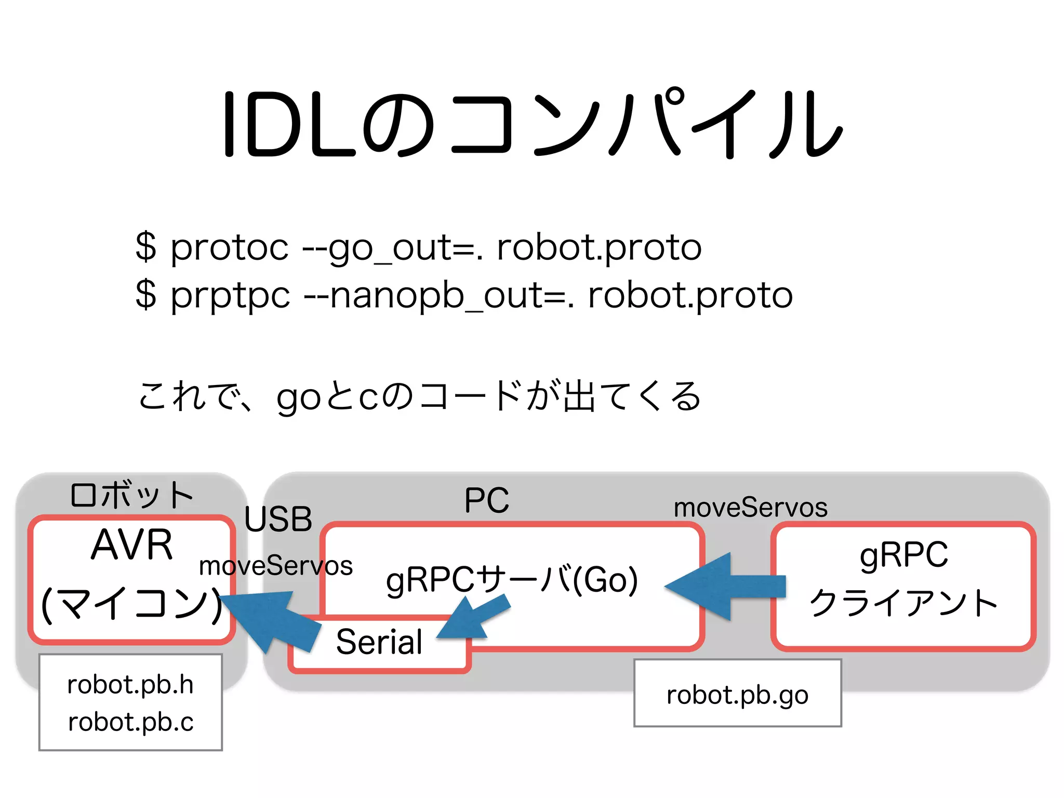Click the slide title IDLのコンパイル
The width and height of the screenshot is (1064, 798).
coord(532,125)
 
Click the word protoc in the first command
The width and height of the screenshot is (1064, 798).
coord(229,248)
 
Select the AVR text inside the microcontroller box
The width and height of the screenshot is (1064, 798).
coord(132,545)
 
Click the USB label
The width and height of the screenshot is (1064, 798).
coord(278,519)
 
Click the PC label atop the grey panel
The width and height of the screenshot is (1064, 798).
coord(487,501)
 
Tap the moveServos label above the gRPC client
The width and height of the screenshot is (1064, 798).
coord(750,508)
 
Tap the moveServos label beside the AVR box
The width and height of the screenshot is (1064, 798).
coord(275,566)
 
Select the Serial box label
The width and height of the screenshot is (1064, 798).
coord(379,642)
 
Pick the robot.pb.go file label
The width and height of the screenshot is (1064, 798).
coord(737,695)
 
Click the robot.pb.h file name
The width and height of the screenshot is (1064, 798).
coord(130,685)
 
